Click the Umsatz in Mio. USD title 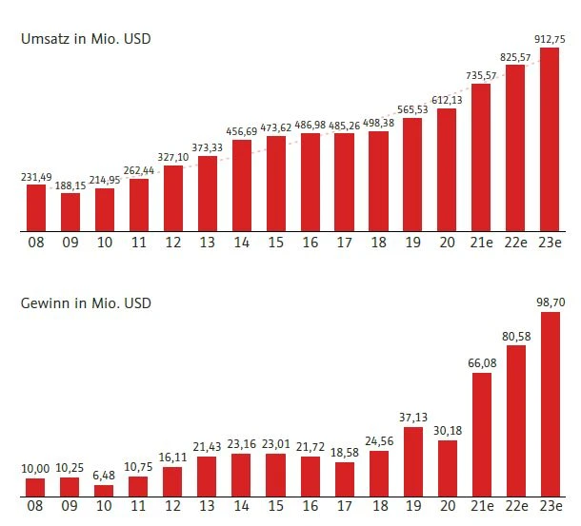coord(87,39)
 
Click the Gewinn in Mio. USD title coord(87,303)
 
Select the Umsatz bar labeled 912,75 coord(550,139)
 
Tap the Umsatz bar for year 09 coord(70,211)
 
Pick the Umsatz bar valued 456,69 coord(241,185)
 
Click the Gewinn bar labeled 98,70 coord(550,403)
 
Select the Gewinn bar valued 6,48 coord(105,490)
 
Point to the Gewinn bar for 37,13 coord(412,461)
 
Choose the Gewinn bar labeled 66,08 coord(481,434)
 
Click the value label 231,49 coord(35,177)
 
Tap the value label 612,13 coord(447,101)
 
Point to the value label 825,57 coord(515,57)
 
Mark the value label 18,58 coord(344,452)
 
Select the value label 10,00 coord(36,470)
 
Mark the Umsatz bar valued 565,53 coord(412,174)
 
